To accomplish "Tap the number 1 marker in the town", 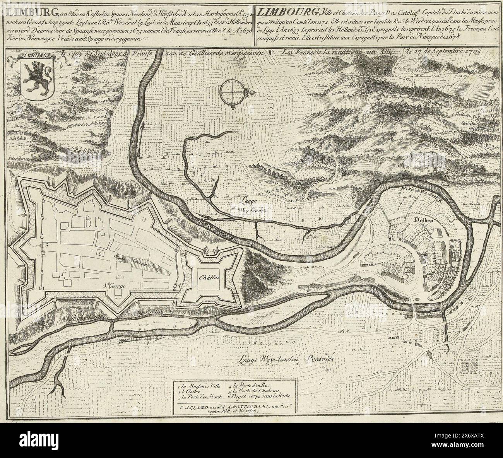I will [100, 252].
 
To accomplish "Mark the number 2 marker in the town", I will [62, 274].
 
